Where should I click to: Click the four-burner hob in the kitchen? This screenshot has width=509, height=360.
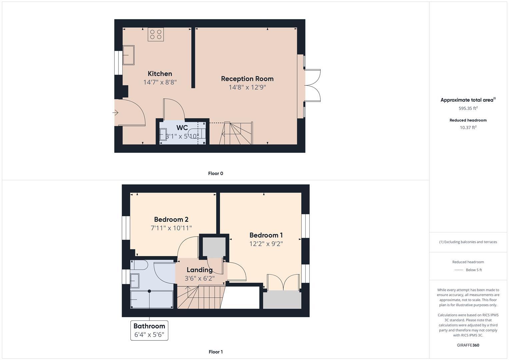click(156, 34)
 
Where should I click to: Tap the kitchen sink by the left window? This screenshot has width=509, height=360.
click(128, 55)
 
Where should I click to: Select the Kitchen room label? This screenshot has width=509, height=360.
click(160, 74)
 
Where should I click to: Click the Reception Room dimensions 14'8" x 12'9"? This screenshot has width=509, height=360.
click(247, 87)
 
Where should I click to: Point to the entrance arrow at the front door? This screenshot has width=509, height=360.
click(115, 113)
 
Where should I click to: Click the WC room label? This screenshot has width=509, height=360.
click(182, 128)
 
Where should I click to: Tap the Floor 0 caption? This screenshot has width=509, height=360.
click(215, 173)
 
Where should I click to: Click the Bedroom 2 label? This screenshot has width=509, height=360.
click(171, 219)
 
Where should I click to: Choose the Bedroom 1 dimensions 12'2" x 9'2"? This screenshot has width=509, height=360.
click(266, 244)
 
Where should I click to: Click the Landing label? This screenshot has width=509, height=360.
click(199, 270)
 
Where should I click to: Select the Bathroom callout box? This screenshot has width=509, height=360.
click(149, 330)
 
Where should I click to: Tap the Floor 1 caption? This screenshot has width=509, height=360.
click(215, 352)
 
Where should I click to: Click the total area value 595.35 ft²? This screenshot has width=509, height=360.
click(468, 108)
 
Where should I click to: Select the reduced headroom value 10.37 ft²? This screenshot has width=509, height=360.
click(468, 127)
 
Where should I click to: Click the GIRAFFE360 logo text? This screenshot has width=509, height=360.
click(468, 345)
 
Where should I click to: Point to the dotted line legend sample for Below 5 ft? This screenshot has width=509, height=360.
click(459, 270)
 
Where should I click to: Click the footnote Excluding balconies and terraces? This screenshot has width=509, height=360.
click(468, 242)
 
